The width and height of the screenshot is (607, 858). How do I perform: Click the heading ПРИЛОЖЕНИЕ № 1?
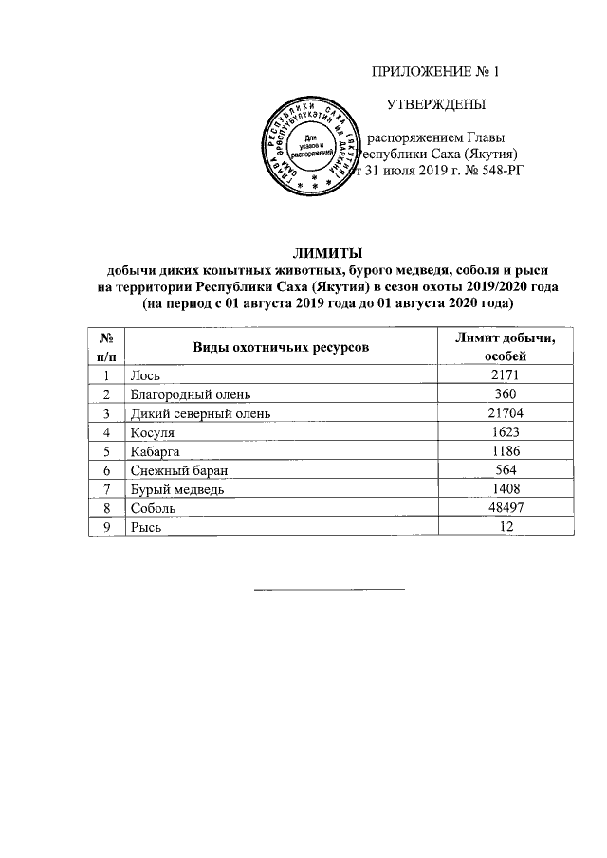point(434,72)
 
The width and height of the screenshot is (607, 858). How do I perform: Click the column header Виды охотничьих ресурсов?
point(281,347)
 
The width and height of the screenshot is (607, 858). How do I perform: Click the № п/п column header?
point(107,347)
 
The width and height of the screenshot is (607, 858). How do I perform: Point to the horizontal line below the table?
point(328,589)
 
